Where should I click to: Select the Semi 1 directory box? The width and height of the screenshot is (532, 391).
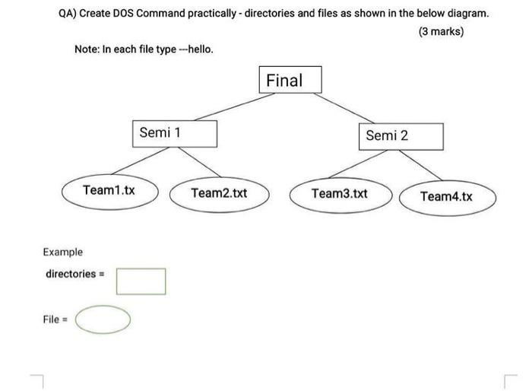pyautogui.click(x=175, y=133)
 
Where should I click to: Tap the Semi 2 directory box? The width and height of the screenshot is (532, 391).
pyautogui.click(x=400, y=135)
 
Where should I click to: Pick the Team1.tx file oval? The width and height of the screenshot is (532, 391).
pyautogui.click(x=110, y=190)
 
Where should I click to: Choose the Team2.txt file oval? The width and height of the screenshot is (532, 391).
pyautogui.click(x=219, y=193)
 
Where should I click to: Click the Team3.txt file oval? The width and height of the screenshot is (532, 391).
pyautogui.click(x=340, y=193)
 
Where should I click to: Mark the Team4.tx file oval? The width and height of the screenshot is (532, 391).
pyautogui.click(x=447, y=196)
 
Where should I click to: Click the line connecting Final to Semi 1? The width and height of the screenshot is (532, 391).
pyautogui.click(x=226, y=107)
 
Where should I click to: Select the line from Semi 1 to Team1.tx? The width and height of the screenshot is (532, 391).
pyautogui.click(x=138, y=161)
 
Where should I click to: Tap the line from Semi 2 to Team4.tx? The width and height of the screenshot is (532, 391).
pyautogui.click(x=423, y=166)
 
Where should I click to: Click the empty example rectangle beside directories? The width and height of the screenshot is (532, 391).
pyautogui.click(x=141, y=281)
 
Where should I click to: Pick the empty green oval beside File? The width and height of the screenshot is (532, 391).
pyautogui.click(x=102, y=319)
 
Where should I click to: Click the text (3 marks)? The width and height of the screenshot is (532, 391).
pyautogui.click(x=441, y=32)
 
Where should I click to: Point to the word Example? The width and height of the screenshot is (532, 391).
pyautogui.click(x=63, y=252)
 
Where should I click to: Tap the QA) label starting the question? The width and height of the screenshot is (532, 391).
pyautogui.click(x=68, y=14)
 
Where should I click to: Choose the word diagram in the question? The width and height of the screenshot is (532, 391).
pyautogui.click(x=465, y=14)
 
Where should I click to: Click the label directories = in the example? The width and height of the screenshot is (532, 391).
pyautogui.click(x=74, y=274)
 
